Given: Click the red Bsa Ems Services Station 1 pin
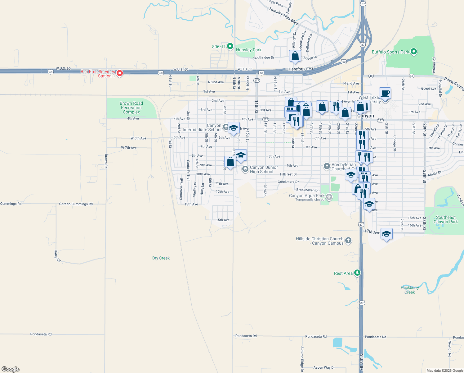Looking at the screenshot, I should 119,73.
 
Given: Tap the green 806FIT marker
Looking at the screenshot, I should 230,46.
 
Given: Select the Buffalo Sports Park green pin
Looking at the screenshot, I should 413,52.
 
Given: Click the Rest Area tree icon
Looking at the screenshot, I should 357,273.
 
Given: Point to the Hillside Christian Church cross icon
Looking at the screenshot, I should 348,240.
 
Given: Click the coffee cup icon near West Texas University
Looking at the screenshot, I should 385,93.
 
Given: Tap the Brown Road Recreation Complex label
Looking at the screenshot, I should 131,108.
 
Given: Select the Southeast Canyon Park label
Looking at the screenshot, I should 445,219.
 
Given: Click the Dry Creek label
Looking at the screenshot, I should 161,258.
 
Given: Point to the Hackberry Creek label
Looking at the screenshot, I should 409,290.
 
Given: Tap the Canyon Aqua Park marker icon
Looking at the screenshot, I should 329,197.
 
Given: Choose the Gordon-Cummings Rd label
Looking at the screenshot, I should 76,204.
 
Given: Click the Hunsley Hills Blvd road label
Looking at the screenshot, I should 283,16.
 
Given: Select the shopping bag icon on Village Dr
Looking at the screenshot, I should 295,56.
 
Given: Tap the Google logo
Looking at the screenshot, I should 11,369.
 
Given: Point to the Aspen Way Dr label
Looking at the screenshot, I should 324,367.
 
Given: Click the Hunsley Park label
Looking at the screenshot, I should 248,50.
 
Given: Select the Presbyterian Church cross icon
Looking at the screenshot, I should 327,166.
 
